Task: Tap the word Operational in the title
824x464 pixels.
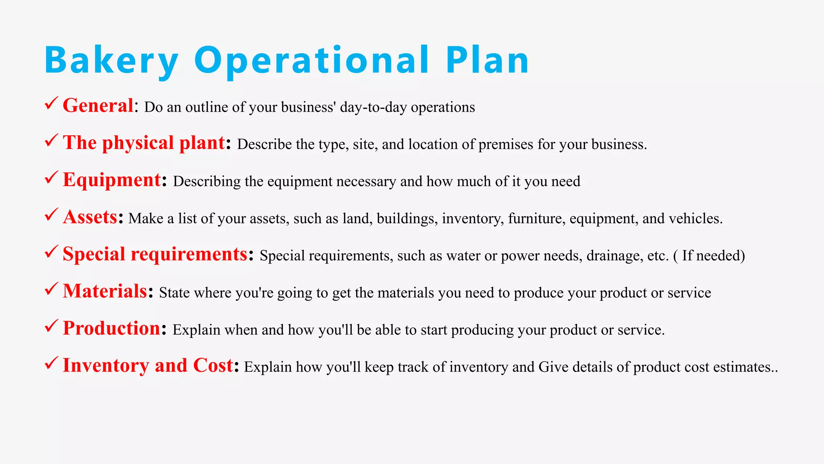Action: coord(312,60)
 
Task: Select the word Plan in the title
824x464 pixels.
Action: coord(487,60)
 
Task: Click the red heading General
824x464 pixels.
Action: coord(98,106)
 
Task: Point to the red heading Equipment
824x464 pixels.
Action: coord(112,180)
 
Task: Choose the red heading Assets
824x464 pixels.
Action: coord(90,217)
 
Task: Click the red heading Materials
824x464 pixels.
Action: coord(105,291)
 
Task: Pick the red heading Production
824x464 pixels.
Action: coord(111,328)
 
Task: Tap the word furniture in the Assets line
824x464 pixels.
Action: coord(536,219)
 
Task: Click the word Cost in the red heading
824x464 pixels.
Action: coord(213,365)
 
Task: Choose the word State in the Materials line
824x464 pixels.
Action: coord(174,293)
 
